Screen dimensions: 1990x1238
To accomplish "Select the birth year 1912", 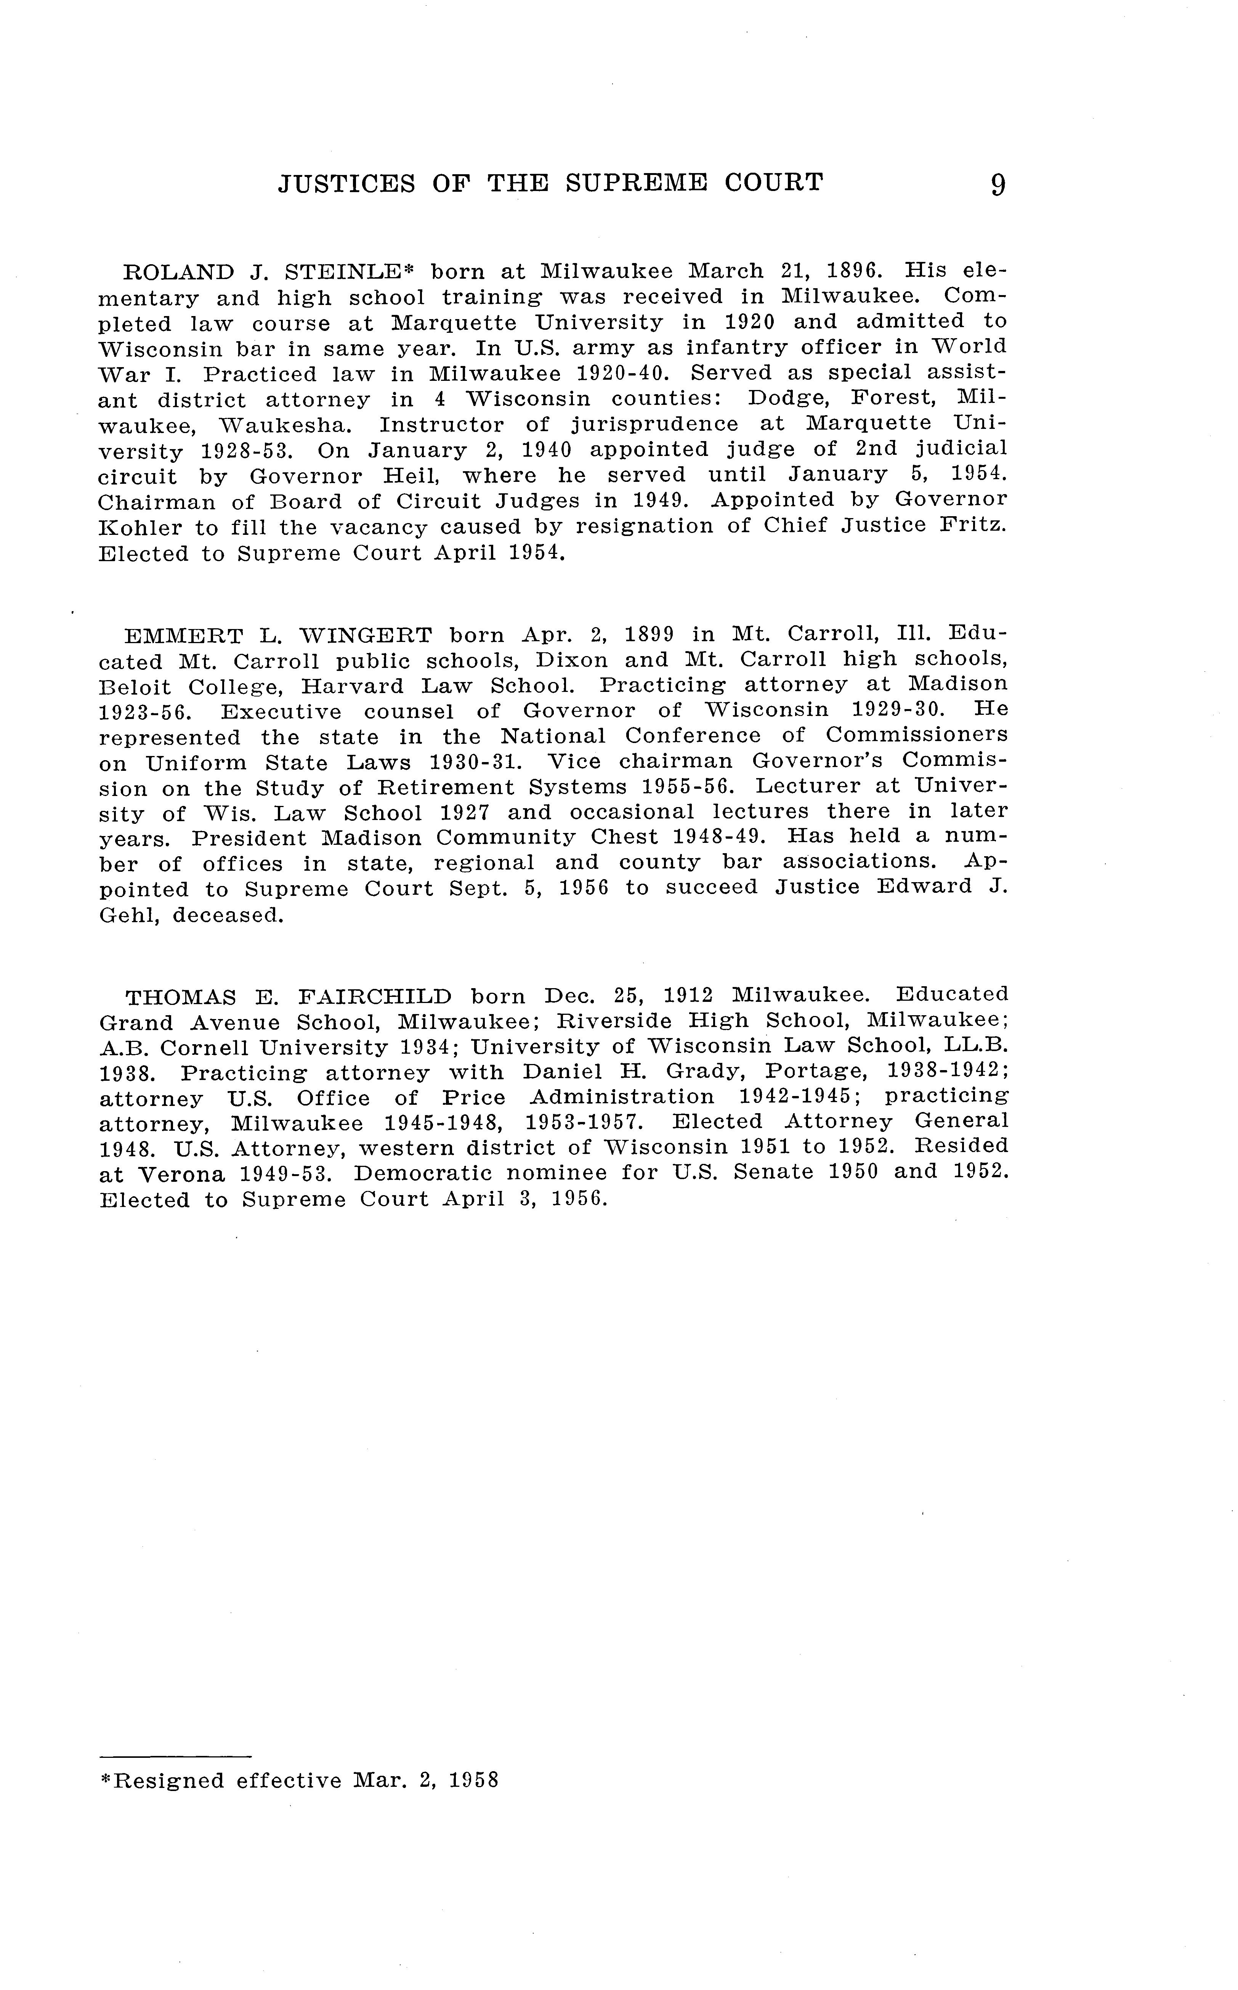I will [x=687, y=996].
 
